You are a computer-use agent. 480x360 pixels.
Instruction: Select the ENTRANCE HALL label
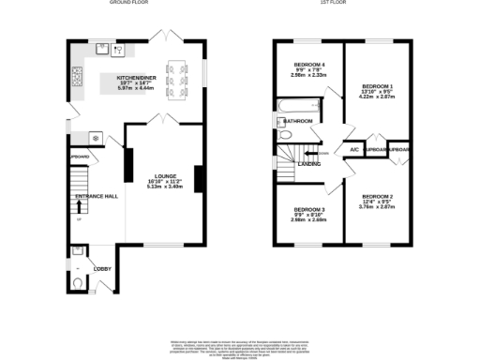pyautogui.click(x=97, y=197)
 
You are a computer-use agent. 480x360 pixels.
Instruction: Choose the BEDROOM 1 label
pyautogui.click(x=378, y=85)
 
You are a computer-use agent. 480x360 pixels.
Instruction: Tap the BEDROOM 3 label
pyautogui.click(x=308, y=209)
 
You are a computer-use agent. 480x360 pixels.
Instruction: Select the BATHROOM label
pyautogui.click(x=299, y=121)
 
